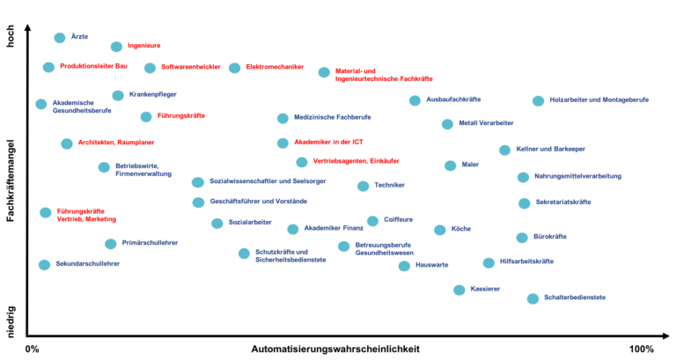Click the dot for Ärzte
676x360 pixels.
pyautogui.click(x=60, y=38)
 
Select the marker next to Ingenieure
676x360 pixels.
pyautogui.click(x=116, y=47)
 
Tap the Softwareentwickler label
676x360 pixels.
pyautogui.click(x=190, y=67)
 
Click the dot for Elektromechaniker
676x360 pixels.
pyautogui.click(x=234, y=68)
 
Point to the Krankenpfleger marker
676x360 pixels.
pyautogui.click(x=118, y=95)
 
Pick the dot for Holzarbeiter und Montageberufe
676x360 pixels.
pyautogui.click(x=538, y=101)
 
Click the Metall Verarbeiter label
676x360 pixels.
pyautogui.click(x=486, y=123)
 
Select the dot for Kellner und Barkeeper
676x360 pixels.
pyautogui.click(x=504, y=150)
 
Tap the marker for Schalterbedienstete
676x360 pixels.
pyautogui.click(x=533, y=298)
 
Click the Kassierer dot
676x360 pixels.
pyautogui.click(x=459, y=290)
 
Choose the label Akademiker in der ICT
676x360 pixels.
pyautogui.click(x=328, y=142)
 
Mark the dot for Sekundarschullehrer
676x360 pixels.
pyautogui.click(x=44, y=265)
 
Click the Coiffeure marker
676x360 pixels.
pyautogui.click(x=372, y=221)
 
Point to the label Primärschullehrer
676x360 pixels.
pyautogui.click(x=150, y=243)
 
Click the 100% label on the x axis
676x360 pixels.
pyautogui.click(x=642, y=349)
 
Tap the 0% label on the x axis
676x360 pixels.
pyautogui.click(x=33, y=349)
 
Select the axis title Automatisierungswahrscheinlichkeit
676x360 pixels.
pyautogui.click(x=335, y=349)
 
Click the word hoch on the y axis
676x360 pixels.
pyautogui.click(x=11, y=36)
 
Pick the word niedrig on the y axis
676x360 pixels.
pyautogui.click(x=11, y=321)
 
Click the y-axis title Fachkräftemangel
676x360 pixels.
pyautogui.click(x=11, y=180)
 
